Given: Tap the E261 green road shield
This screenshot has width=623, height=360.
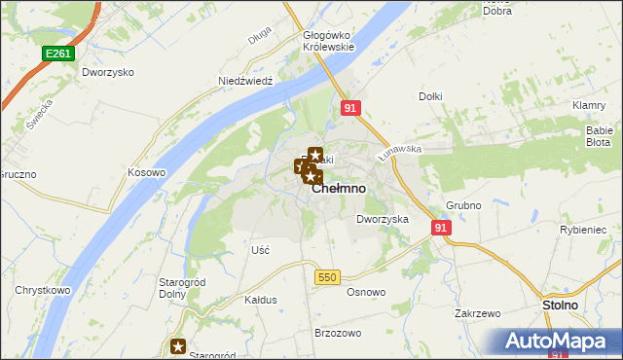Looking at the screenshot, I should click(x=56, y=55).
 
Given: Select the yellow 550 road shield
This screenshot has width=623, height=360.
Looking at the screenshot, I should click(x=326, y=277).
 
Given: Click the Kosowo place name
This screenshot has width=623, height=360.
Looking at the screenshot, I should click(x=147, y=172).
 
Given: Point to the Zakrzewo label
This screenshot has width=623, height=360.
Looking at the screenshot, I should click(x=477, y=313).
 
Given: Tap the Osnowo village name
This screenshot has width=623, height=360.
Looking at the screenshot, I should click(x=366, y=292).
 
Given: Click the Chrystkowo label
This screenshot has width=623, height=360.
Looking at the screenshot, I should click(x=42, y=290).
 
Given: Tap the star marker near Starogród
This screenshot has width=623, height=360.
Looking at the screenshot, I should click(x=178, y=345).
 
